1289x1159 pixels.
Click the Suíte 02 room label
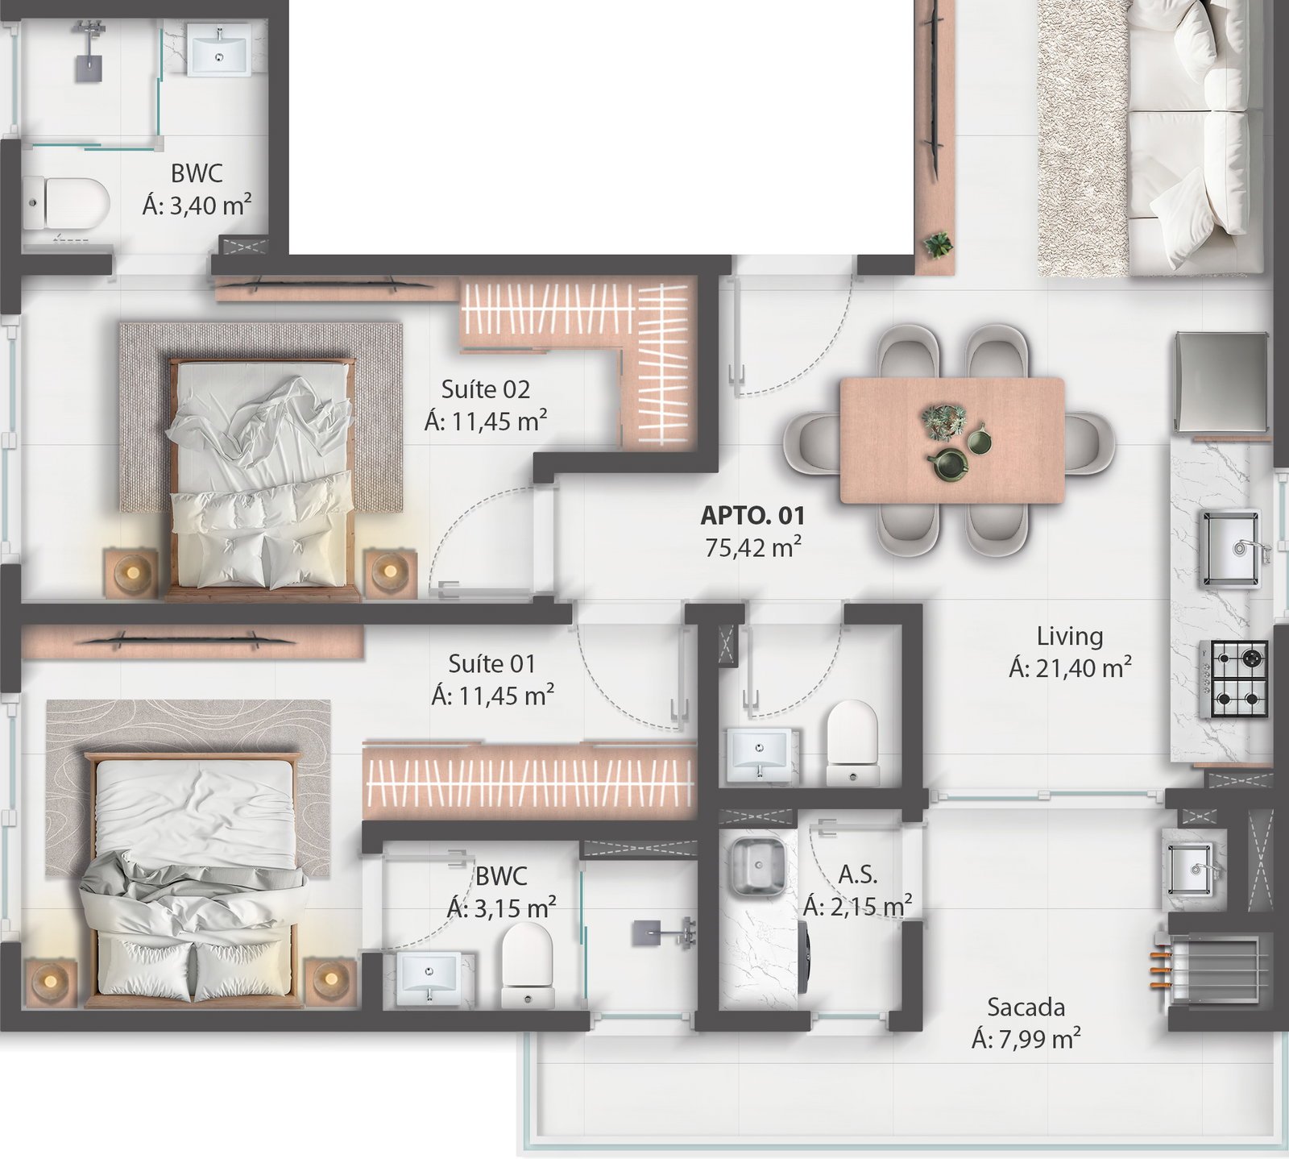(x=486, y=389)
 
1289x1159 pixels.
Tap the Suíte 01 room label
(x=492, y=663)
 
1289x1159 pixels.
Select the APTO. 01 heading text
(x=752, y=515)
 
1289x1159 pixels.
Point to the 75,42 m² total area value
(x=752, y=547)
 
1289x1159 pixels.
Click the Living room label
(x=1069, y=637)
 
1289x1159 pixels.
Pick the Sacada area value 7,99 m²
(x=1026, y=1040)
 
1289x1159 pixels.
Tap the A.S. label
(x=857, y=874)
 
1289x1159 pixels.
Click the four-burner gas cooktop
(x=1233, y=679)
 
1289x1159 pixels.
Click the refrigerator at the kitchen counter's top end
(x=1221, y=382)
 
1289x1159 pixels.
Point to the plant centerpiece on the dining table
(x=943, y=422)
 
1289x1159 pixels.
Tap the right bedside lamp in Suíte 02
(x=390, y=573)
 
